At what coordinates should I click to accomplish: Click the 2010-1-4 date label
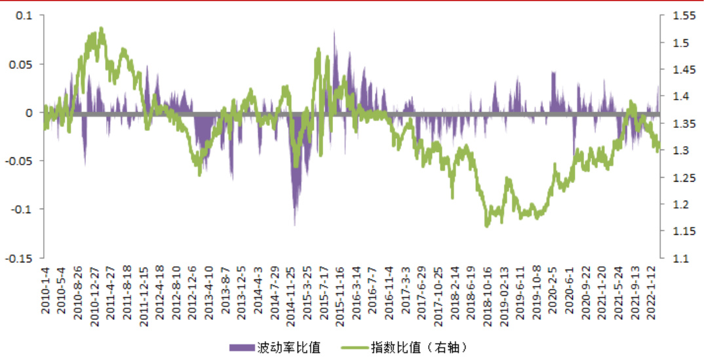click(46, 290)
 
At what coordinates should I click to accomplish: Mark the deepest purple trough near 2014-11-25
click(294, 225)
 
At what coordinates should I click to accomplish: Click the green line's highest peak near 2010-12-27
click(101, 28)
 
